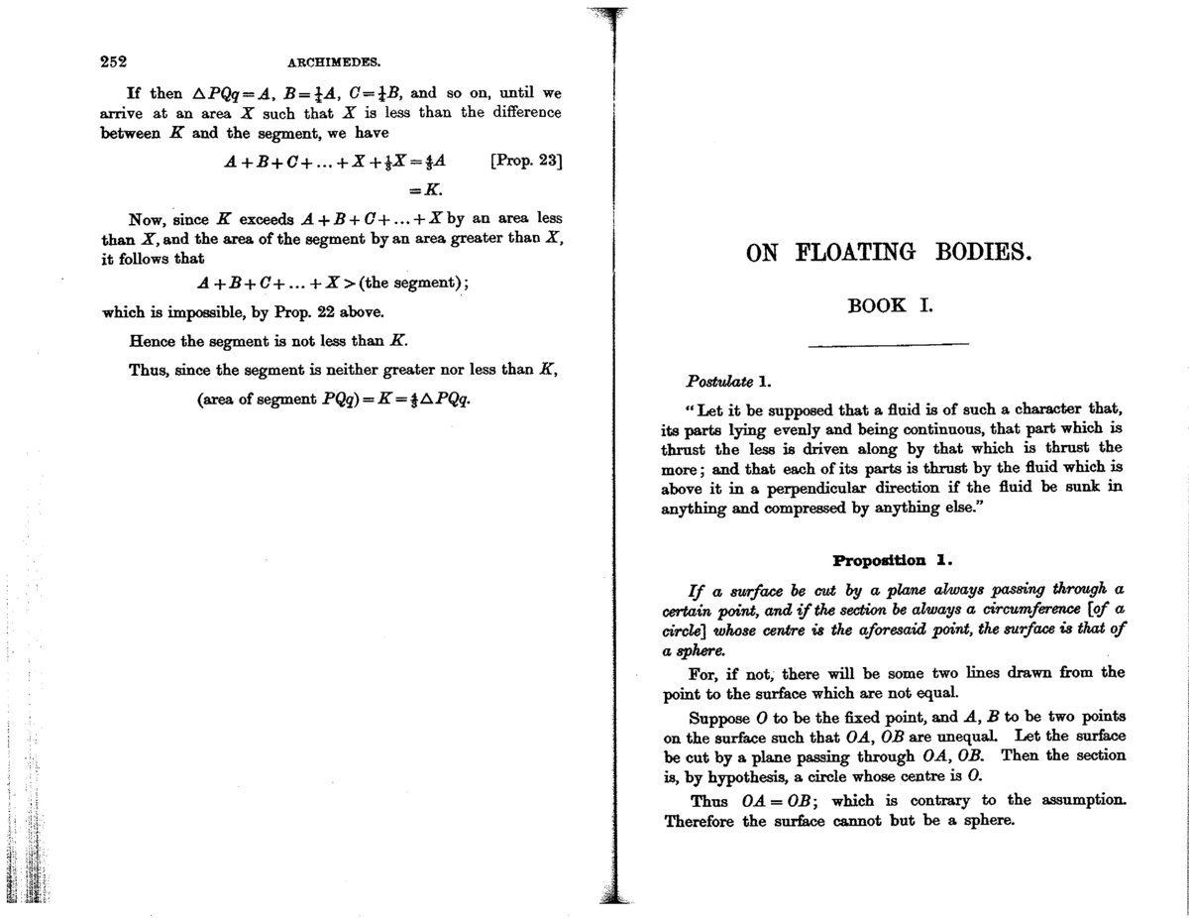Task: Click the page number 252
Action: (x=117, y=60)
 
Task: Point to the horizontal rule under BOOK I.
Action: (x=888, y=344)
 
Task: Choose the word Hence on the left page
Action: (x=153, y=341)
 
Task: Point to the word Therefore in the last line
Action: (x=699, y=821)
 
